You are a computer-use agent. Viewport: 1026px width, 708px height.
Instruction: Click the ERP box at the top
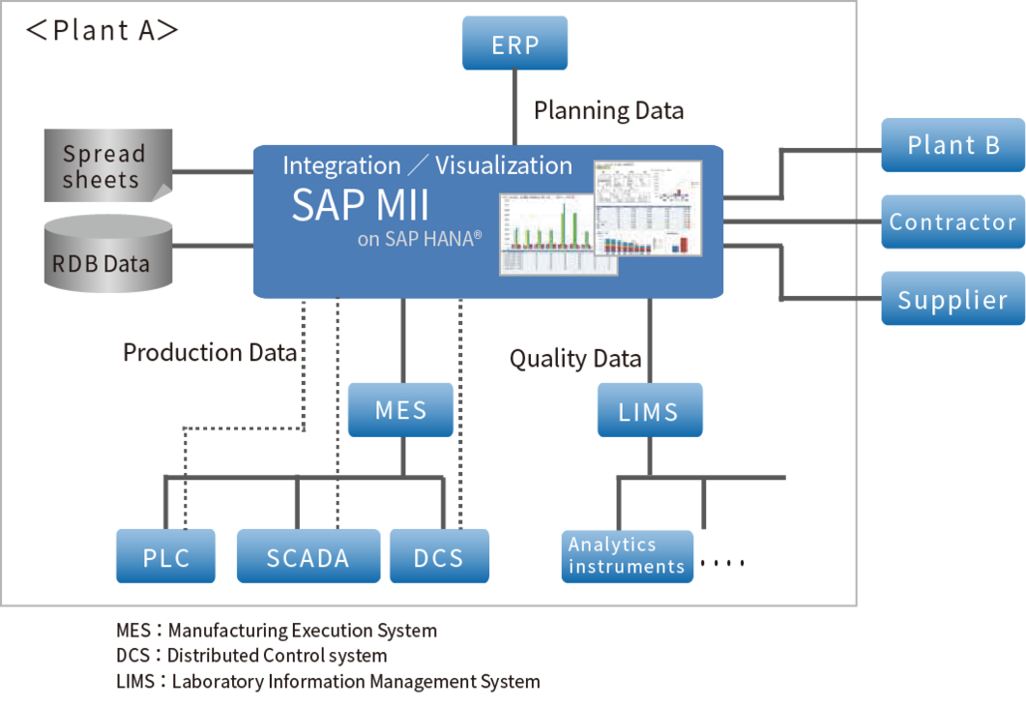click(514, 44)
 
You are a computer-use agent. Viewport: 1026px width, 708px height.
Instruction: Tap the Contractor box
click(952, 221)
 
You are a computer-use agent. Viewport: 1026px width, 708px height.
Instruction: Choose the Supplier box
click(952, 299)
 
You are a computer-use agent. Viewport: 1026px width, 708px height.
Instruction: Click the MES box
click(400, 409)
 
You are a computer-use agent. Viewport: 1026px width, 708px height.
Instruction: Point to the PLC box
click(165, 557)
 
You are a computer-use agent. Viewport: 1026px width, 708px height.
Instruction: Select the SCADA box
click(308, 557)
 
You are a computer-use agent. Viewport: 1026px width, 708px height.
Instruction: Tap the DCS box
click(438, 557)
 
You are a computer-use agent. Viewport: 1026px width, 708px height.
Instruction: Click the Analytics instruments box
click(627, 556)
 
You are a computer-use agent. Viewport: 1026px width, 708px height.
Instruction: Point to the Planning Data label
click(608, 111)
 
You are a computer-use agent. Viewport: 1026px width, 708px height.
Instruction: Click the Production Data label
click(209, 352)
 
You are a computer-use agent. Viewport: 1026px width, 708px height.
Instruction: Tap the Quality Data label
click(575, 360)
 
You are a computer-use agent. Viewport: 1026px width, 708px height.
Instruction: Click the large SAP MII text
click(360, 205)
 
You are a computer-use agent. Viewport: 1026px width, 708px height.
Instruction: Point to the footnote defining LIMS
click(327, 681)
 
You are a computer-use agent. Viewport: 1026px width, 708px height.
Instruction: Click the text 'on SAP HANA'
click(418, 239)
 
